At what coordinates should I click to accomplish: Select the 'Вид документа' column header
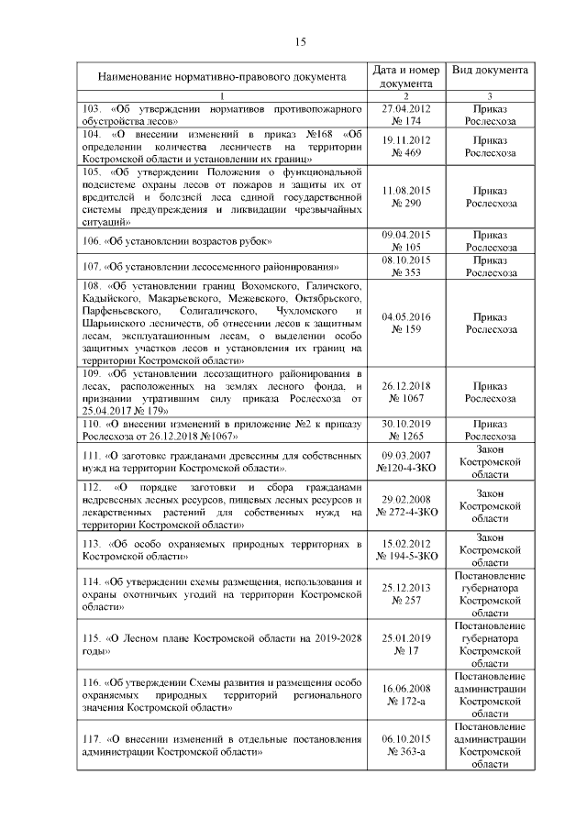pyautogui.click(x=489, y=71)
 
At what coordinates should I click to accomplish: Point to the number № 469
pyautogui.click(x=405, y=152)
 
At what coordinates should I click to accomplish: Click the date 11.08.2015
pyautogui.click(x=405, y=189)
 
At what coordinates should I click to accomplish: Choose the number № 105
pyautogui.click(x=405, y=247)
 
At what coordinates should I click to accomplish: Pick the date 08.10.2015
pyautogui.click(x=405, y=260)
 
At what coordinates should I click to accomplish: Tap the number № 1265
pyautogui.click(x=405, y=437)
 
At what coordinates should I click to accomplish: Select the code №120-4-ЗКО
pyautogui.click(x=405, y=467)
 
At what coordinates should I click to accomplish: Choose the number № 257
pyautogui.click(x=405, y=600)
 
